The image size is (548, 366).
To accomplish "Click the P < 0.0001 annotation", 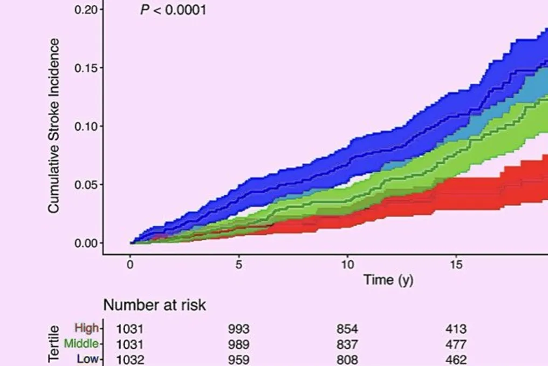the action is click(x=173, y=10).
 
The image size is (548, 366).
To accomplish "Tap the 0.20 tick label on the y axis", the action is click(x=86, y=10).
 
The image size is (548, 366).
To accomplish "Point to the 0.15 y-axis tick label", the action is click(x=86, y=68).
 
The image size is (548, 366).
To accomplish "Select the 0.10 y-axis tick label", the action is click(x=86, y=126).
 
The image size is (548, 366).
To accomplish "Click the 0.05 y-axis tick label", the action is click(x=86, y=185).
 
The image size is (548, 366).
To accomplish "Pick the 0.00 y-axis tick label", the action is click(x=86, y=243).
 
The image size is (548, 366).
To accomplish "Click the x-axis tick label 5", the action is click(x=239, y=265).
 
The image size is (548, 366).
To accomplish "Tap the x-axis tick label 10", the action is click(x=347, y=265).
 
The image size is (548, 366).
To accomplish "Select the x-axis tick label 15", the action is click(x=456, y=265).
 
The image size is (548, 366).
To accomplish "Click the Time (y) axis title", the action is click(x=388, y=280).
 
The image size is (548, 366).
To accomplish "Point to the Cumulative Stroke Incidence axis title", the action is click(x=54, y=126).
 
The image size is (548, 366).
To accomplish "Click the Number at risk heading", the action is click(x=154, y=305).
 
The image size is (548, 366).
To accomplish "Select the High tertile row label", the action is click(x=87, y=328).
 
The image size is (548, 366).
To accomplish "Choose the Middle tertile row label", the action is click(x=81, y=344).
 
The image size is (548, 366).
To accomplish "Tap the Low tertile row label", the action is click(x=88, y=359).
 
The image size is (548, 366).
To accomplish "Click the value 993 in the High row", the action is click(x=239, y=329).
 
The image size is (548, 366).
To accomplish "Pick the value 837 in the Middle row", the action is click(x=347, y=344).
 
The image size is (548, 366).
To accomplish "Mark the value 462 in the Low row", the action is click(x=456, y=360).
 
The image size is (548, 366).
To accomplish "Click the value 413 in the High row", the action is click(x=456, y=329).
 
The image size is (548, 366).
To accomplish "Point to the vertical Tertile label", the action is click(x=53, y=344).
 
